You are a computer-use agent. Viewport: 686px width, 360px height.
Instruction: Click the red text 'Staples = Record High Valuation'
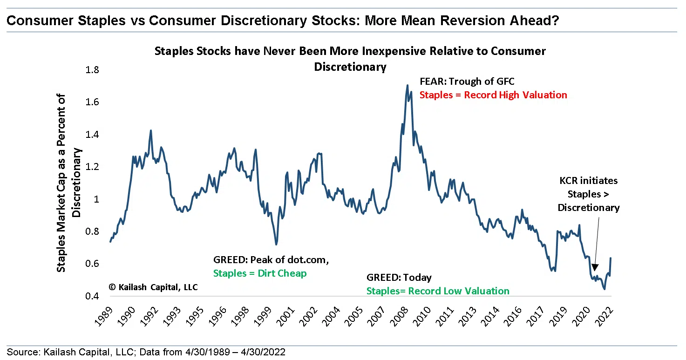coord(493,95)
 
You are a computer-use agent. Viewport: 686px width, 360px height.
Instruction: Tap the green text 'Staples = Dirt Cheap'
coord(260,273)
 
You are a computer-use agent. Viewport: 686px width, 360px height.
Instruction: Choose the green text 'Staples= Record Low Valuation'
coord(438,291)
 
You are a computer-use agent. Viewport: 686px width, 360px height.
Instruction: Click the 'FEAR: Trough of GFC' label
coord(467,82)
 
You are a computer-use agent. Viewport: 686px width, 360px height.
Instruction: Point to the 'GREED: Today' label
coord(399,278)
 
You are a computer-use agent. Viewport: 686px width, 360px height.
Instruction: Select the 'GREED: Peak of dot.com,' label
coord(271,260)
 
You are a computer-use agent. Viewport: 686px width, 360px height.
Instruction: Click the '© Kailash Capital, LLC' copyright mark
coord(153,287)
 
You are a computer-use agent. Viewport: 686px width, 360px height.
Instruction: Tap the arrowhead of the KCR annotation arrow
coord(594,268)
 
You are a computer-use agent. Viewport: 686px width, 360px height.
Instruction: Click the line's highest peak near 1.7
coord(408,86)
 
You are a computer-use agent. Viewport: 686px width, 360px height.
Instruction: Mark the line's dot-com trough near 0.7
coord(276,244)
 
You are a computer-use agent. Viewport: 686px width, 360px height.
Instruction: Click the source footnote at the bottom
coord(146,352)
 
